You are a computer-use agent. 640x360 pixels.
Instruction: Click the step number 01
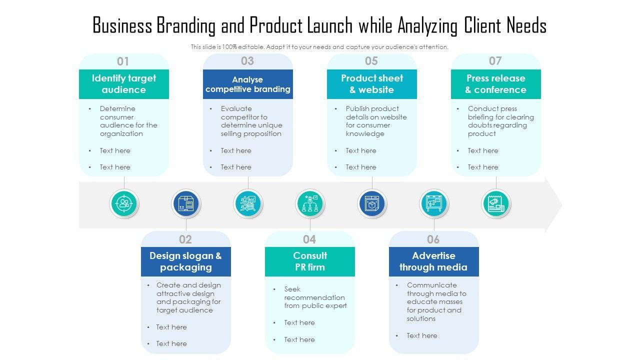tap(123, 61)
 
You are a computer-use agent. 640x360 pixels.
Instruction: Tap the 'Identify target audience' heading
tap(123, 84)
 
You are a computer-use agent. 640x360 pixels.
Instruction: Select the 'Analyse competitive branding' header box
tap(247, 84)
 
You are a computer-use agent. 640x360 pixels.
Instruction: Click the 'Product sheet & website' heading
tap(371, 84)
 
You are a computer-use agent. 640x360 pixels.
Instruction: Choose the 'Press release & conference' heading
tap(495, 84)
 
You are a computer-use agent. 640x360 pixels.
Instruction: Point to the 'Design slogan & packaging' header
tap(185, 261)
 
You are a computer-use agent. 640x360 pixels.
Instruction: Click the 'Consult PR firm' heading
tap(309, 261)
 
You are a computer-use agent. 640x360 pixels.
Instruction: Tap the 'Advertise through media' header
tap(433, 261)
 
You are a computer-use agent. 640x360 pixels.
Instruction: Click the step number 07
tap(495, 61)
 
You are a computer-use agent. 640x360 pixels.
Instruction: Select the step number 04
tap(309, 239)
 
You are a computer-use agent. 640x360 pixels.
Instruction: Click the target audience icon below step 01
tap(124, 204)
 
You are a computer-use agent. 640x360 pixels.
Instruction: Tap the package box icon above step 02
tap(186, 204)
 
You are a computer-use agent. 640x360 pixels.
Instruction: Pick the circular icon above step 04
tap(310, 204)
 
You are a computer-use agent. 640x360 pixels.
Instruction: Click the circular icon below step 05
tap(372, 204)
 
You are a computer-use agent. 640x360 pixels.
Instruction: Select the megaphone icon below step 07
tap(496, 204)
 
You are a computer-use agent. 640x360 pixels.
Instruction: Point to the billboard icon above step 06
tap(434, 204)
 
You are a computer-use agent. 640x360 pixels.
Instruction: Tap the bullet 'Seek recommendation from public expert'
tap(315, 297)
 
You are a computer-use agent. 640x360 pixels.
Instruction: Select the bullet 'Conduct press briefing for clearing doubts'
tap(500, 121)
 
